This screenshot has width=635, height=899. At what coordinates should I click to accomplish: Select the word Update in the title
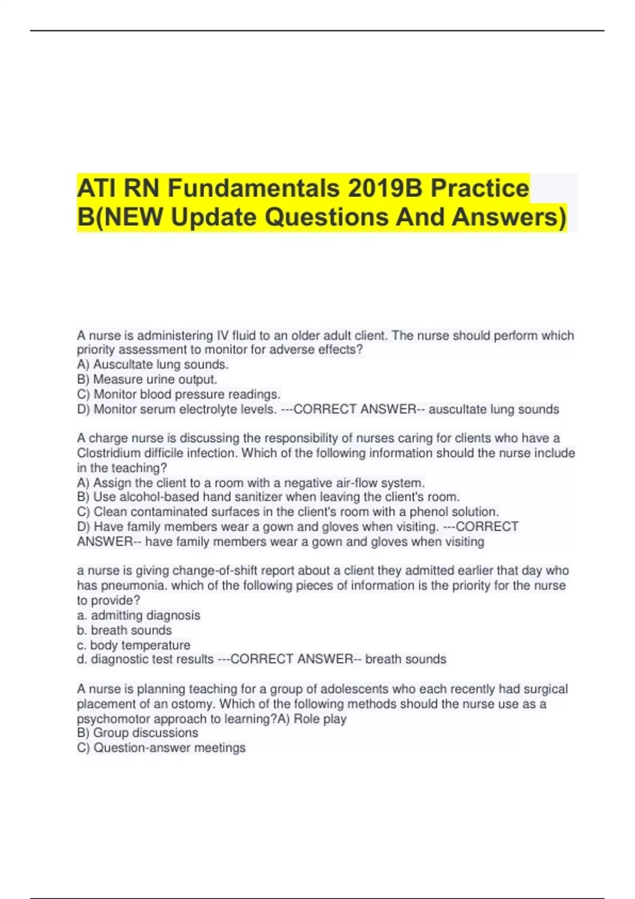point(214,217)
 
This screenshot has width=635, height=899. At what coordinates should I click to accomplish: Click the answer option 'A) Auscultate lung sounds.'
point(153,364)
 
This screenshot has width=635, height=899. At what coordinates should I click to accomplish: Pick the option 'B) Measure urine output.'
point(147,379)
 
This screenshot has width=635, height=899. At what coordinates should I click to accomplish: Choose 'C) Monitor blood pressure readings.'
point(179,395)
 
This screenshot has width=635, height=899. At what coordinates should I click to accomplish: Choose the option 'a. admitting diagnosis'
point(139,616)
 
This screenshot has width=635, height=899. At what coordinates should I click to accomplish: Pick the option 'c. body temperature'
point(134,645)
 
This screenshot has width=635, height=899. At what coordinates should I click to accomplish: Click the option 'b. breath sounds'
point(124,630)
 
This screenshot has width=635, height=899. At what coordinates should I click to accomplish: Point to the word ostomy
point(193,704)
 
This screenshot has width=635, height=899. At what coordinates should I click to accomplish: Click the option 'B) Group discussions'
point(138,733)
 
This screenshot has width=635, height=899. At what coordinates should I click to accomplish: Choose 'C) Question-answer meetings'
point(161,748)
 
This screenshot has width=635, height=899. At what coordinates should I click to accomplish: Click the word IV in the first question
point(222,335)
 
